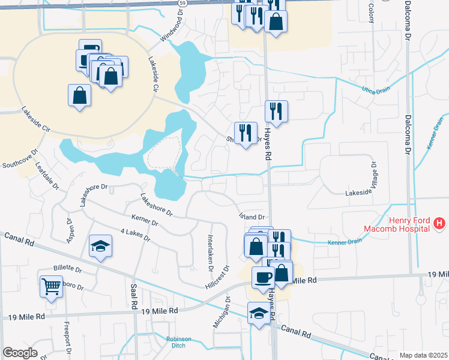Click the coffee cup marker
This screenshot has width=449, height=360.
[263, 277]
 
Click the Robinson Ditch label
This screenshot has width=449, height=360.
[179, 342]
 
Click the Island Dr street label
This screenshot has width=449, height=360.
[252, 217]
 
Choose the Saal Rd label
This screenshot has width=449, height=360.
[134, 293]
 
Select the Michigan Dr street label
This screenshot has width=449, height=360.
[223, 311]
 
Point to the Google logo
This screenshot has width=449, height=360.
[20, 352]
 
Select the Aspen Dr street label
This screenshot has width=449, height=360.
[69, 229]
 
